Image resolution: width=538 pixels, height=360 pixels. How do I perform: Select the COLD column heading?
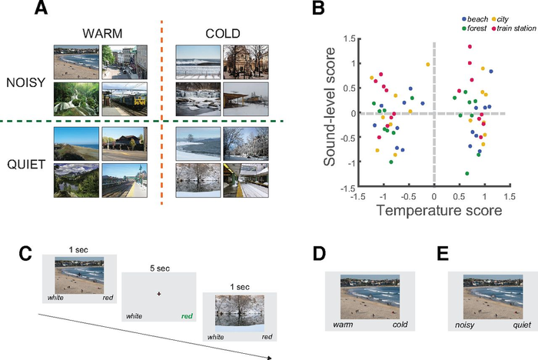coord(221,35)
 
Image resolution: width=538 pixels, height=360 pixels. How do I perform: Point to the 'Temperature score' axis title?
coord(434,209)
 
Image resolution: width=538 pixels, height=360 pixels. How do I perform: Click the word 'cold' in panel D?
coord(400,325)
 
